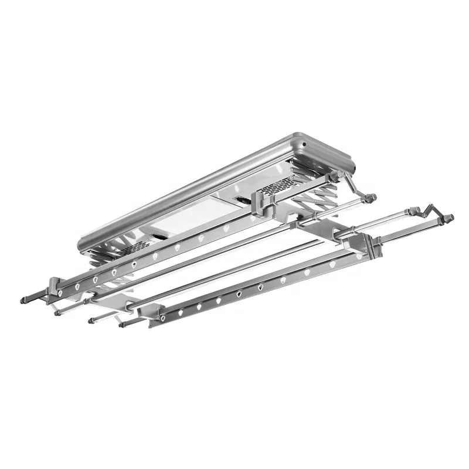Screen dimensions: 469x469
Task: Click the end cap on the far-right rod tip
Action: [451, 219]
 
